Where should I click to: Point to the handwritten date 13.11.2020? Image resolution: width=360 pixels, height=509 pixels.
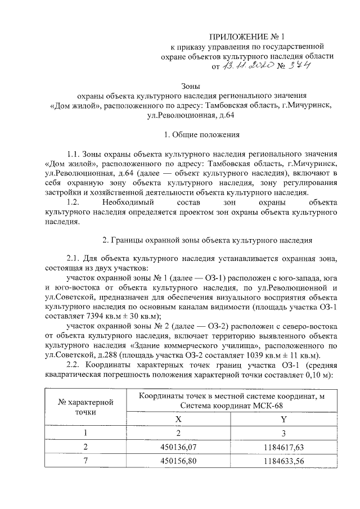point(247,66)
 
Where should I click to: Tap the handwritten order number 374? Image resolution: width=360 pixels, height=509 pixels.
point(300,66)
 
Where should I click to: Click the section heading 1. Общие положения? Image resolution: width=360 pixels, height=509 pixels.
point(202,135)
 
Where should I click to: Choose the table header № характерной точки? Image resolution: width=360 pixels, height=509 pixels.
point(85,408)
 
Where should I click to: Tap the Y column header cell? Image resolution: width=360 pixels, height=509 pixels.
point(283,420)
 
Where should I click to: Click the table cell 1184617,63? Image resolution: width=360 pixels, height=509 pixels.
point(283,447)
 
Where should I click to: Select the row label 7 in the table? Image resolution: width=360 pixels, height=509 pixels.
point(85,461)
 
